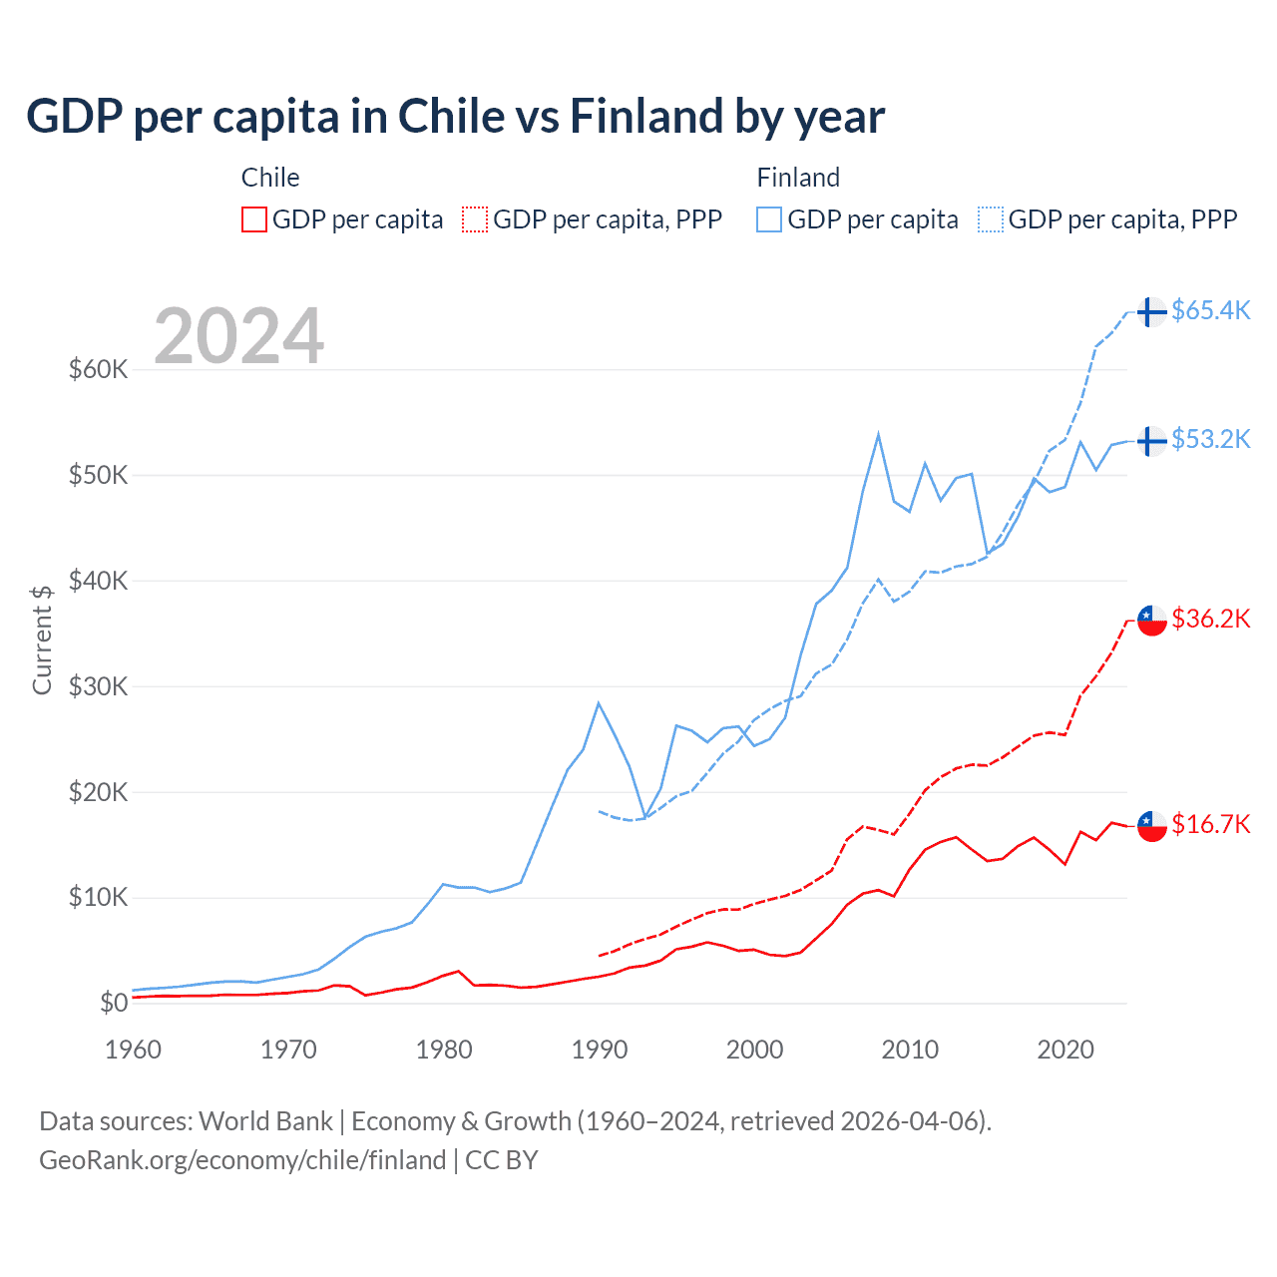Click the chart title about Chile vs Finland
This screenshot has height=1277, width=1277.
[x=455, y=117]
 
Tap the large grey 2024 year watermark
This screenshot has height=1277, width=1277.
[x=238, y=336]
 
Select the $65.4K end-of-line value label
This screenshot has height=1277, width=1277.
[x=1210, y=311]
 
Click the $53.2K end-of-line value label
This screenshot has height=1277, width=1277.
[x=1210, y=440]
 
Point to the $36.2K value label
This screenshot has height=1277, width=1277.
[x=1210, y=620]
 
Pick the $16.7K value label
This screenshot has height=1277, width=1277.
[x=1210, y=824]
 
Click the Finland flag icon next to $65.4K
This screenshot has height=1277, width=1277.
[x=1152, y=312]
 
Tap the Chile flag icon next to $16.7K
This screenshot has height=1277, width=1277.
[x=1152, y=826]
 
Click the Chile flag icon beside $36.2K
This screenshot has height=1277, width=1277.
[x=1152, y=621]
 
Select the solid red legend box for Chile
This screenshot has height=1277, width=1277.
[x=254, y=219]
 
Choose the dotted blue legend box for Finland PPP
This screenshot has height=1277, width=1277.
[x=991, y=219]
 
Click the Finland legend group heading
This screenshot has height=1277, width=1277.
[x=798, y=178]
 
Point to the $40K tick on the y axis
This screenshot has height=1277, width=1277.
[x=99, y=581]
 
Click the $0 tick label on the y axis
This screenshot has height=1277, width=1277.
[x=114, y=1003]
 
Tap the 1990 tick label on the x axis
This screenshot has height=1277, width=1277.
[x=600, y=1050]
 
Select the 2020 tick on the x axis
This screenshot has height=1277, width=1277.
[x=1065, y=1050]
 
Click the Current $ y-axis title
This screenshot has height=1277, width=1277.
[x=42, y=639]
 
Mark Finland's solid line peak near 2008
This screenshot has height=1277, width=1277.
[x=878, y=434]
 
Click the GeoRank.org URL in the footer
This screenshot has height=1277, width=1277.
[x=242, y=1160]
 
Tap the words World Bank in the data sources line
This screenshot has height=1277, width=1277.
[x=265, y=1121]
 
